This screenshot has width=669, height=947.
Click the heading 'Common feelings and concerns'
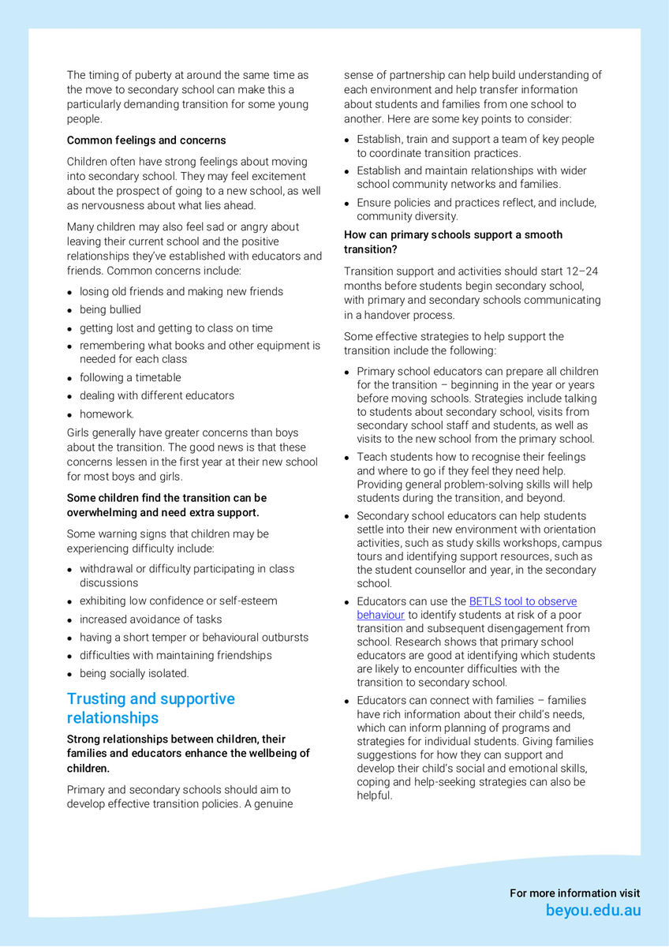click(146, 140)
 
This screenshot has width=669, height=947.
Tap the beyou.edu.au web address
click(593, 911)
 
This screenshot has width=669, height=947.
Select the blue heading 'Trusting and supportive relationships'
click(151, 709)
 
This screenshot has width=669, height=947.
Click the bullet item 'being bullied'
click(110, 310)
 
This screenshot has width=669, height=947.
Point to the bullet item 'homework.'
click(107, 414)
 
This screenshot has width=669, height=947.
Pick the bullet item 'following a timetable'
click(130, 378)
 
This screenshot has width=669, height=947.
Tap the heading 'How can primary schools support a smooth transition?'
click(453, 241)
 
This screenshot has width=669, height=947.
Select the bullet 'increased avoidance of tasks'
click(151, 619)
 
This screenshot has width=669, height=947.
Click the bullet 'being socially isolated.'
click(134, 674)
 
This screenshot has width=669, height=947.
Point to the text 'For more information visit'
click(574, 893)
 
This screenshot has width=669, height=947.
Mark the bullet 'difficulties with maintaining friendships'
click(175, 656)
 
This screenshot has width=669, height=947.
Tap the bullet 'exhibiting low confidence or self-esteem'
click(178, 601)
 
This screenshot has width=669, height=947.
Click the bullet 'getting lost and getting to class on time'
click(176, 328)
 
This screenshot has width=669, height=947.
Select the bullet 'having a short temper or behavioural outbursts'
click(194, 638)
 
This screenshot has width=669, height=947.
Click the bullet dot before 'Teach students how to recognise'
click(347, 458)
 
